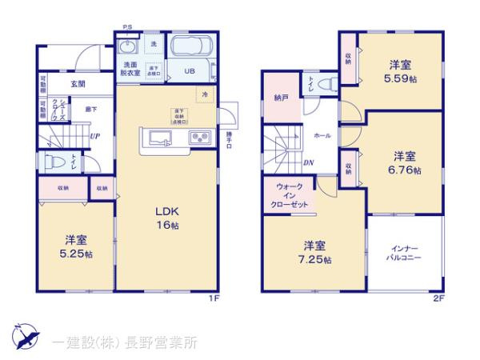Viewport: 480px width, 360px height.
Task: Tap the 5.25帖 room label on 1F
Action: [78, 247]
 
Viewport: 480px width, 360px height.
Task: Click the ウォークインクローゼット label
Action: [289, 196]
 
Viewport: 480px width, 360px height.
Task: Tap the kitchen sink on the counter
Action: [155, 135]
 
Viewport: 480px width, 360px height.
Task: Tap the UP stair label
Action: [95, 135]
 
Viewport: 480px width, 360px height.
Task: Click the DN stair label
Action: [308, 163]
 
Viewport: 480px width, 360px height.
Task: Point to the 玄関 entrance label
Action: [78, 83]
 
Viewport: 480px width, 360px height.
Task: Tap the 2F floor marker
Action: [438, 298]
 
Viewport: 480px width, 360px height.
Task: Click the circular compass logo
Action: [24, 336]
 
